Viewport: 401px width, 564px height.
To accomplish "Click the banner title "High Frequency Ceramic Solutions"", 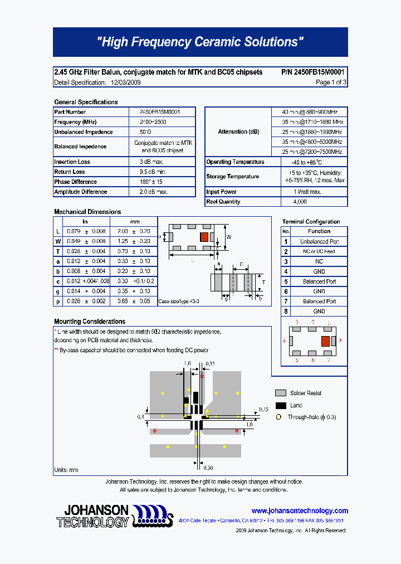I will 200,42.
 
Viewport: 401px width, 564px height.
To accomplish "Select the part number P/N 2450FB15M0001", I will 313,72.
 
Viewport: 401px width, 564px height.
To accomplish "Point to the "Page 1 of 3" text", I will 331,82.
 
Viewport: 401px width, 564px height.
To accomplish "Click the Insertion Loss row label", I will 72,162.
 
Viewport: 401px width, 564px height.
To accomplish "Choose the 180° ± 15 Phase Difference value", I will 151,182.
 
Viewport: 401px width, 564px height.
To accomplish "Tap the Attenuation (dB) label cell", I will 238,132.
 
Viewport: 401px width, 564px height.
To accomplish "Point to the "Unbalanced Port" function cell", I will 319,241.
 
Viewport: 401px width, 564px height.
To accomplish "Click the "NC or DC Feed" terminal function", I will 319,251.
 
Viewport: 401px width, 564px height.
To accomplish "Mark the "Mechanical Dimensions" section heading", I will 87,212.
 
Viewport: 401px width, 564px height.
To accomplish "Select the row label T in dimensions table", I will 58,251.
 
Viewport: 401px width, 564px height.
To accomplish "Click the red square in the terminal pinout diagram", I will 326,341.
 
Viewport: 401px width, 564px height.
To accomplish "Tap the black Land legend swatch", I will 281,405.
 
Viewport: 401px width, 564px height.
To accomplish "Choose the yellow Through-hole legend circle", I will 280,417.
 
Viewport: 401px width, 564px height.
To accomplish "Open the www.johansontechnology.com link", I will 300,510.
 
